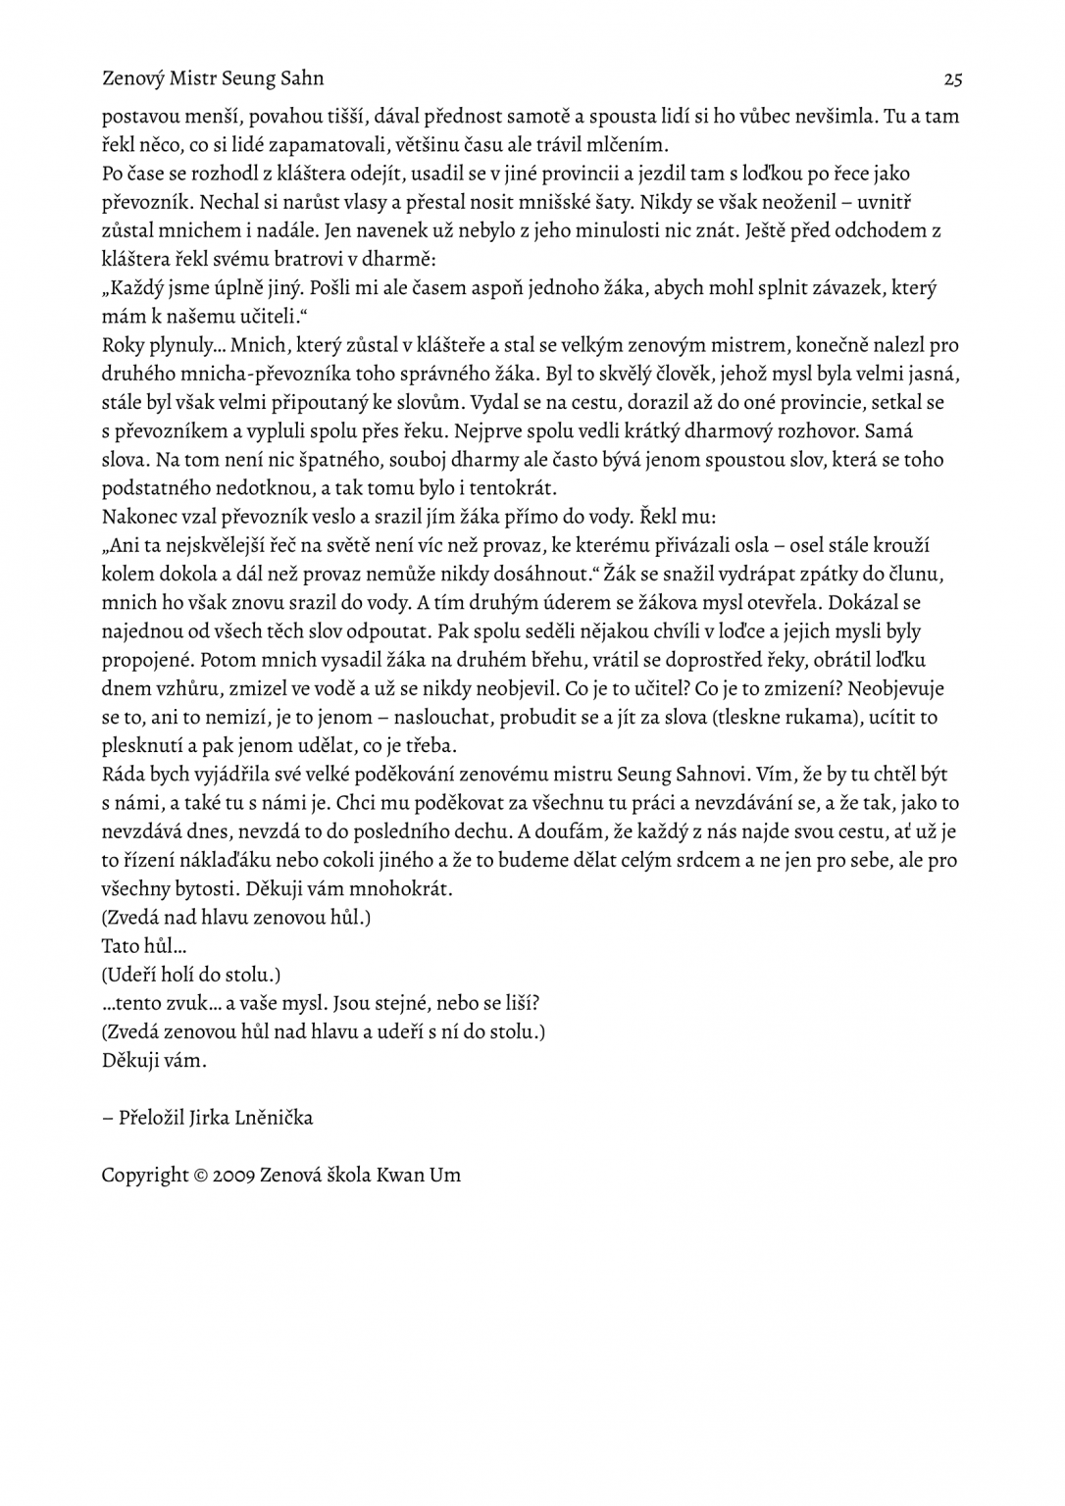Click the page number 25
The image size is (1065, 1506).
point(952,78)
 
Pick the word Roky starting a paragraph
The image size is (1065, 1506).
point(123,345)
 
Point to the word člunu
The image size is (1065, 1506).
point(921,574)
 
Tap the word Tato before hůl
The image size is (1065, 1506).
point(121,947)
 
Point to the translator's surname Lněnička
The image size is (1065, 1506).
point(274,1118)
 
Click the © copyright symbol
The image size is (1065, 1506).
point(200,1176)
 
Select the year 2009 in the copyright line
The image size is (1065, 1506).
point(232,1176)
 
